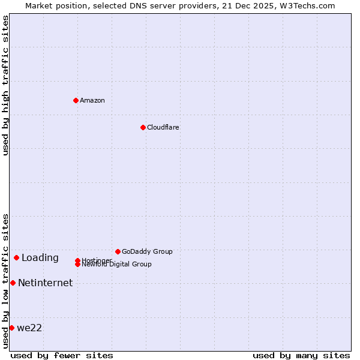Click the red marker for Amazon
click(76, 100)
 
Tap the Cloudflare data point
click(143, 127)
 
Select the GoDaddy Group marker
click(118, 251)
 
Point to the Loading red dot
click(16, 257)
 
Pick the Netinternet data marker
click(13, 283)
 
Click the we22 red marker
click(11, 328)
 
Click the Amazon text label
click(92, 100)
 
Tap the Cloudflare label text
click(163, 127)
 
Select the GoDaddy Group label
click(147, 251)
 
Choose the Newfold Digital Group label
click(117, 265)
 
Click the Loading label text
click(40, 258)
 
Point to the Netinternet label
click(46, 283)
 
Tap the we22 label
click(29, 328)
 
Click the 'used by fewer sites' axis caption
click(62, 355)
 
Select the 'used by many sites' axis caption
click(301, 355)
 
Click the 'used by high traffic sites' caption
click(5, 85)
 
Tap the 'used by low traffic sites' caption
click(5, 281)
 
